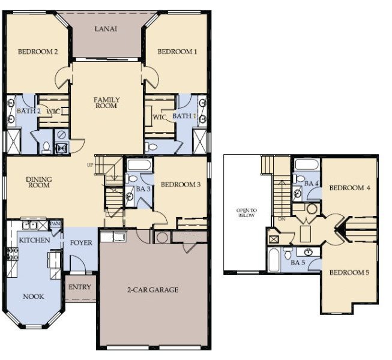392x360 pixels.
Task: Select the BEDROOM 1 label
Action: tap(177, 52)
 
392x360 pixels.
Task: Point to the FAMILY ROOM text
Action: tap(107, 103)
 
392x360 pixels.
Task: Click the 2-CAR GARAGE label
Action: tap(153, 290)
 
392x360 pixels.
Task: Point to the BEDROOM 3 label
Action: tap(180, 184)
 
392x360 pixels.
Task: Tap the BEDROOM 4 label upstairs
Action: tap(349, 188)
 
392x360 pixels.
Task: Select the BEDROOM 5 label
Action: tap(349, 273)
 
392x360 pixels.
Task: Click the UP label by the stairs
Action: tap(91, 165)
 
